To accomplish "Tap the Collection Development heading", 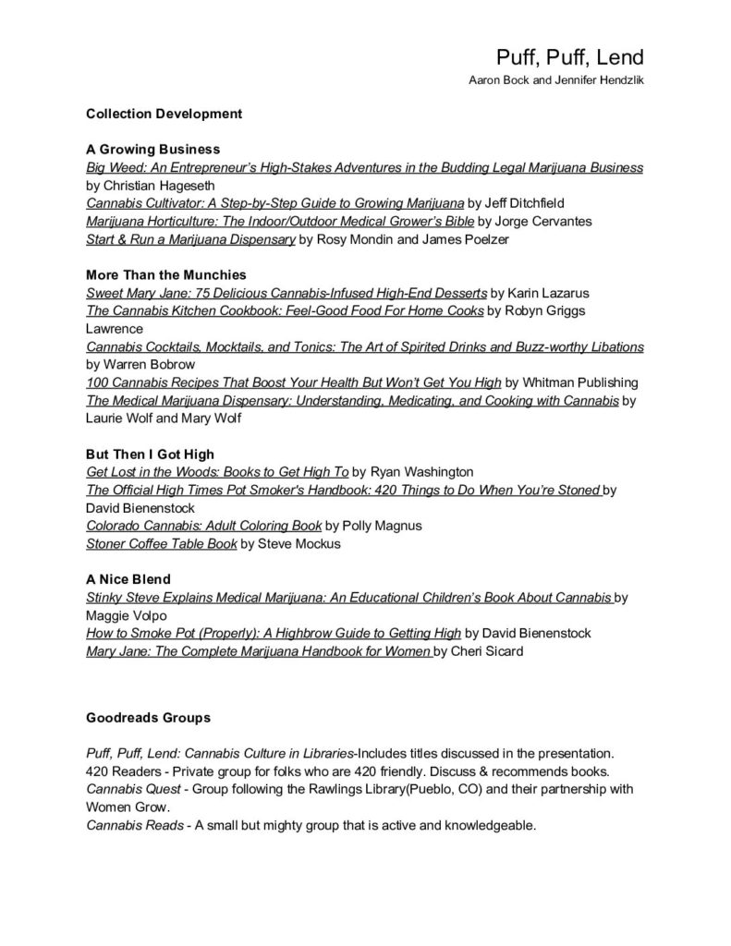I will point(164,114).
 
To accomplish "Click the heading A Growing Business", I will point(152,149).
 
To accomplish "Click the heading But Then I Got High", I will point(150,454).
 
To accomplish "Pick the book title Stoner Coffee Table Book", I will point(162,543).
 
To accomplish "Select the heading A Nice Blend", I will point(128,579).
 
